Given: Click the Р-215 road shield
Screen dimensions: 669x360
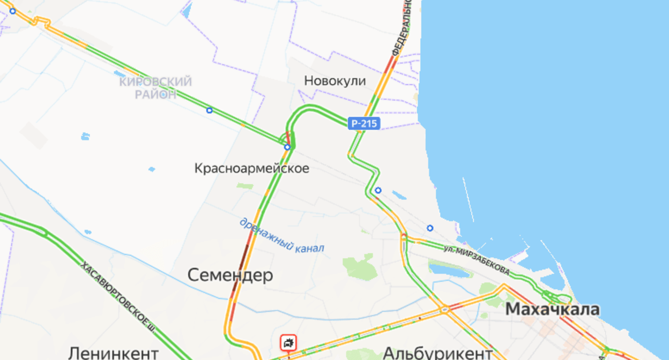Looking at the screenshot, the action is click(364, 124).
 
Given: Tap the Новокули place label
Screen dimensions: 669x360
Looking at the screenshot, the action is click(335, 81).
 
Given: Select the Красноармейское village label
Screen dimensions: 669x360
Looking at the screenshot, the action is click(251, 168).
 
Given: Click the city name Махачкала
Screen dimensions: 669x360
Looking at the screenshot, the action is click(552, 309).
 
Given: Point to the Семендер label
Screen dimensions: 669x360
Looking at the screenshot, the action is click(230, 275).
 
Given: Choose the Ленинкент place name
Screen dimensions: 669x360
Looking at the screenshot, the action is click(113, 352).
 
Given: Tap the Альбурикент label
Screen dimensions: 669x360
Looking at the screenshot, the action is click(437, 352).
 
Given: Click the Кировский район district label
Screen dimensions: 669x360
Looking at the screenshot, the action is click(155, 88).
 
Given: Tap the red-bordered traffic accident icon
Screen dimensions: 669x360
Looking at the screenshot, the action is click(288, 342).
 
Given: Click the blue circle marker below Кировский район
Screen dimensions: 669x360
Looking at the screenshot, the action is click(209, 110).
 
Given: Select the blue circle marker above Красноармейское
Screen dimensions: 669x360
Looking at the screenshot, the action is click(287, 147).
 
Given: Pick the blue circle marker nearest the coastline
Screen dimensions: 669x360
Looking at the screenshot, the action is click(430, 228).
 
